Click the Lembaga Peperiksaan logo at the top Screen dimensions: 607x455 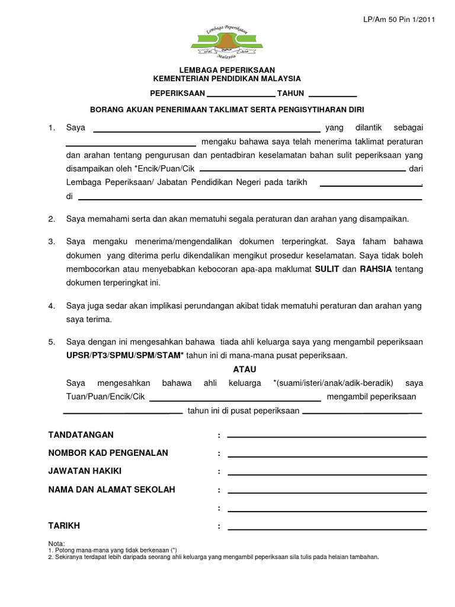point(227,43)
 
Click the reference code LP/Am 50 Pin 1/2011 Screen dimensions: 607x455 point(399,20)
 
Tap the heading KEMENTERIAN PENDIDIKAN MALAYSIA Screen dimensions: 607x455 point(227,79)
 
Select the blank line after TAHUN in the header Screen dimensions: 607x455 point(332,95)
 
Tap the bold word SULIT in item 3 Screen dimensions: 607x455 point(326,269)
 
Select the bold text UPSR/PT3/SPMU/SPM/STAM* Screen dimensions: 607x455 point(125,356)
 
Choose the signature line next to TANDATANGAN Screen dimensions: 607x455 point(326,436)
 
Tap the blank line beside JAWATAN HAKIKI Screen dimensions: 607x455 point(326,474)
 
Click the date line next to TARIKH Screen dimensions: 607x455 point(326,529)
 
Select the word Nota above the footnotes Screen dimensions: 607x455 point(56,544)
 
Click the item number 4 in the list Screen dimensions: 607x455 point(52,306)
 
